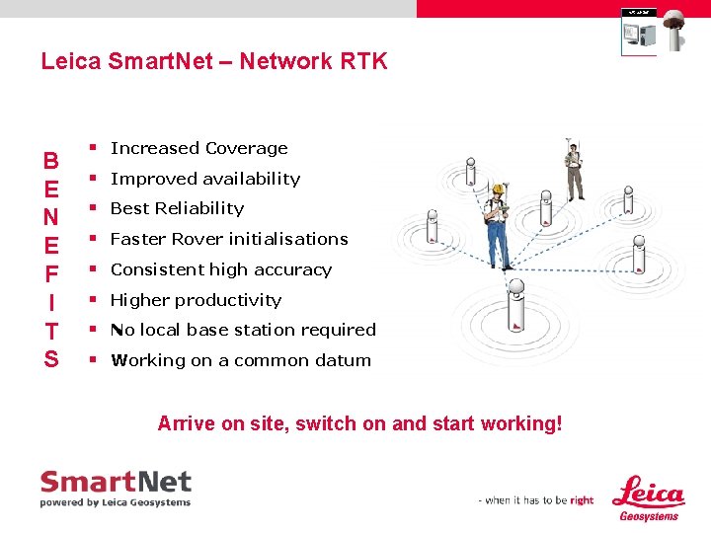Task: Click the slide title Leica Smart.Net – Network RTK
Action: [x=214, y=61]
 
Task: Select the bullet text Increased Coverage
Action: [x=198, y=148]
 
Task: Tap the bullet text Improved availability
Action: [x=204, y=179]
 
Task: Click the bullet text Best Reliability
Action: [x=177, y=208]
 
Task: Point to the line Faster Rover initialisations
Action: [x=229, y=239]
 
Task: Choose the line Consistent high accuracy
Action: [x=220, y=269]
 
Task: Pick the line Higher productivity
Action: [x=196, y=300]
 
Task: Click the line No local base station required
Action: [x=243, y=330]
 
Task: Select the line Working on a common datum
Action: [x=241, y=360]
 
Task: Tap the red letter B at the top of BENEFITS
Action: [x=50, y=160]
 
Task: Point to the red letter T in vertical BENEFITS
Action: [x=51, y=331]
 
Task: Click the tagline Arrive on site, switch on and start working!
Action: [x=359, y=423]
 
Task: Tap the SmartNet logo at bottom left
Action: [x=116, y=484]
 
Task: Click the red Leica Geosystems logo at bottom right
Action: [x=648, y=497]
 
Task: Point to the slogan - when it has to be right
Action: [x=536, y=500]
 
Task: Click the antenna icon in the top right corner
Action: [x=677, y=30]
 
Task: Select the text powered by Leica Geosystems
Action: [x=115, y=502]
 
